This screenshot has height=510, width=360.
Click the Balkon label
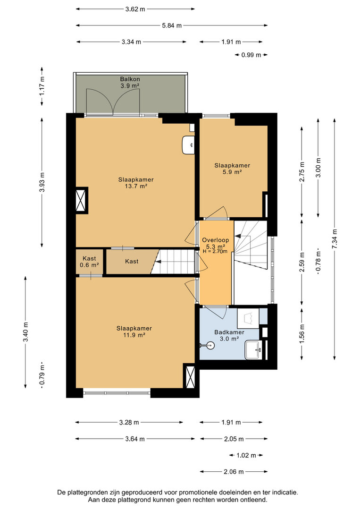pyautogui.click(x=130, y=79)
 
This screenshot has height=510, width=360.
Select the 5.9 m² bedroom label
pyautogui.click(x=232, y=172)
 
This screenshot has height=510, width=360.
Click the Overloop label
pyautogui.click(x=216, y=240)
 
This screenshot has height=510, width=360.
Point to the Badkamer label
pyautogui.click(x=229, y=332)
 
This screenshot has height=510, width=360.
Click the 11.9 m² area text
pyautogui.click(x=134, y=335)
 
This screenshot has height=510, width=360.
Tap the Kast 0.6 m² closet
pyautogui.click(x=89, y=262)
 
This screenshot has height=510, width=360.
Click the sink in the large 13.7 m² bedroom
pyautogui.click(x=188, y=145)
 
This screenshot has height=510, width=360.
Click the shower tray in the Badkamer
pyautogui.click(x=248, y=318)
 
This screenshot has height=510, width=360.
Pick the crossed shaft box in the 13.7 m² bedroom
pyautogui.click(x=81, y=200)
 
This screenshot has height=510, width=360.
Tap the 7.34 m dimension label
pyautogui.click(x=335, y=239)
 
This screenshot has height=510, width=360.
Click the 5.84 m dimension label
pyautogui.click(x=172, y=25)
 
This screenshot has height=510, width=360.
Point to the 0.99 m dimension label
pyautogui.click(x=251, y=55)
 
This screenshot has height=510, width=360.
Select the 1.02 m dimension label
pyautogui.click(x=246, y=455)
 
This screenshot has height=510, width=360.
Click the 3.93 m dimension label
pyautogui.click(x=42, y=182)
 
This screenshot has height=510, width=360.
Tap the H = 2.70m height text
pyautogui.click(x=215, y=251)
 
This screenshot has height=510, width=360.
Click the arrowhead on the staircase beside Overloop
pyautogui.click(x=238, y=236)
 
